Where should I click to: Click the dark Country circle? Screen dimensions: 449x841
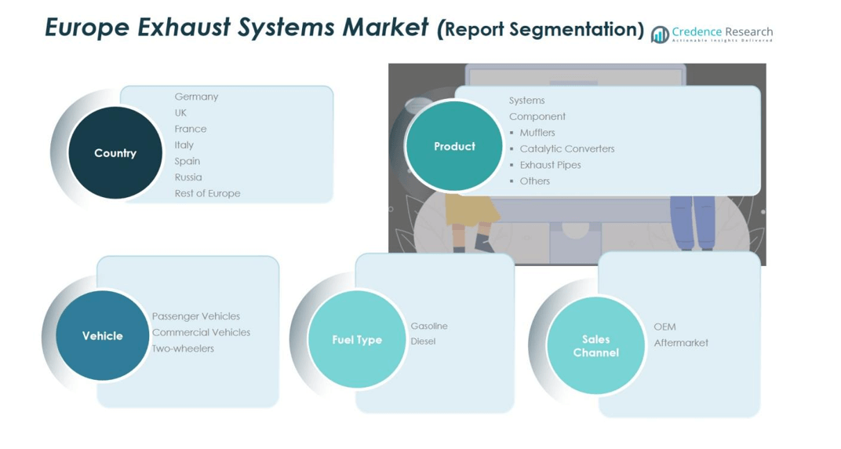[115, 153]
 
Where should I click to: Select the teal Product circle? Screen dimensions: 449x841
[454, 146]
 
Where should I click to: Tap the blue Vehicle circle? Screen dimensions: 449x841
[102, 336]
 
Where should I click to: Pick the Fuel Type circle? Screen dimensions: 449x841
[357, 339]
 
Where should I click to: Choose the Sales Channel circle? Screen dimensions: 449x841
[595, 345]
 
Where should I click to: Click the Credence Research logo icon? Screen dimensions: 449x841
[660, 34]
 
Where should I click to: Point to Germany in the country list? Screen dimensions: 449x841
[196, 97]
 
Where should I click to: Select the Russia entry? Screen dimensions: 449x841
[188, 177]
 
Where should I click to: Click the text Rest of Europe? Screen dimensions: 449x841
[207, 193]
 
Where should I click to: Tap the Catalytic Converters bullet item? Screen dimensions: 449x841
[566, 148]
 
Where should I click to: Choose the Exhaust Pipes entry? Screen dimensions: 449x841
[550, 165]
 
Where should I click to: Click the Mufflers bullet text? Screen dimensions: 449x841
[537, 133]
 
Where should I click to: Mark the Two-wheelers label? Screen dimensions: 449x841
[183, 349]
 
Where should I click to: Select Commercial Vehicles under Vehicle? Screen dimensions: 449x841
[201, 332]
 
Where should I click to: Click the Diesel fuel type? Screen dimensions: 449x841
[423, 341]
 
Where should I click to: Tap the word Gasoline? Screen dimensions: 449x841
[429, 326]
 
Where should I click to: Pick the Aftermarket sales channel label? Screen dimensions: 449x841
[681, 343]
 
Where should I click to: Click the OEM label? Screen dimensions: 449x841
[664, 327]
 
